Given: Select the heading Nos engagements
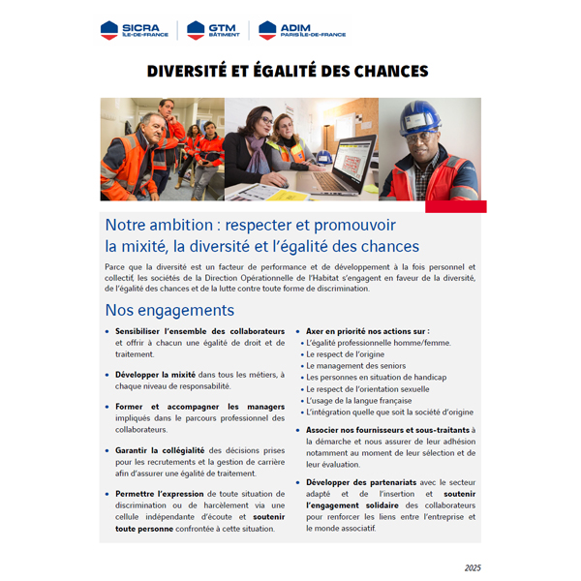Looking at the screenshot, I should point(169,311).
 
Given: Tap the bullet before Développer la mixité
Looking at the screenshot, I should point(107,374).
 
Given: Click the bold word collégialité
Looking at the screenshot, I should point(180,449).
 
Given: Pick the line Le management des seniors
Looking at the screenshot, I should point(354,366).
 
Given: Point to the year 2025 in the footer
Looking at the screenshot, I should point(473,567).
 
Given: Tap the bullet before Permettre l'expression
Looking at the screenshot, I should point(107,493).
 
